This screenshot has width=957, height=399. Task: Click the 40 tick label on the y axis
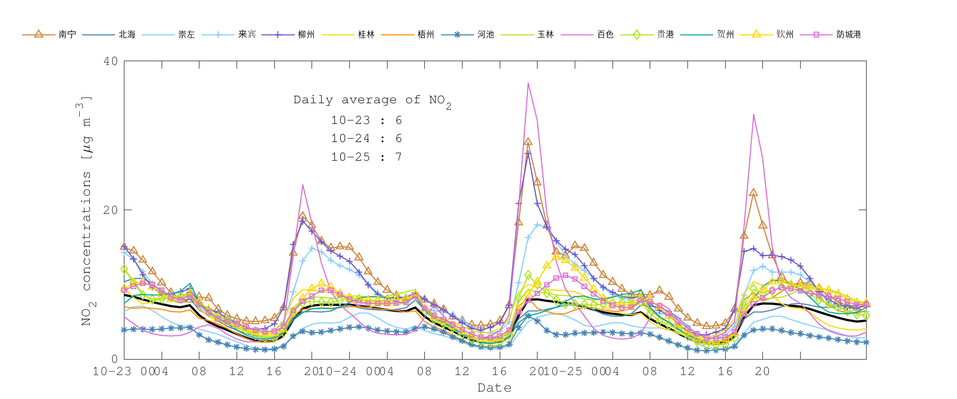click(x=111, y=61)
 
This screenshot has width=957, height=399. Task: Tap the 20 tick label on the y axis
click(x=111, y=210)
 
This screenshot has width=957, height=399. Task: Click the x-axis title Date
click(x=494, y=388)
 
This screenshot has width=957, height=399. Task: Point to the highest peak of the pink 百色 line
click(x=528, y=84)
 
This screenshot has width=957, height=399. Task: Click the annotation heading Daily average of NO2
click(x=372, y=100)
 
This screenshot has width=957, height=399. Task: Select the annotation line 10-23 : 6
click(x=366, y=121)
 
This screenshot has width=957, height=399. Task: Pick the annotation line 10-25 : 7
click(x=366, y=157)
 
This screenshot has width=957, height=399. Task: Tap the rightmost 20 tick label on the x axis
click(x=762, y=371)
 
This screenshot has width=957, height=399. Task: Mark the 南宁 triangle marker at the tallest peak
click(x=528, y=142)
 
